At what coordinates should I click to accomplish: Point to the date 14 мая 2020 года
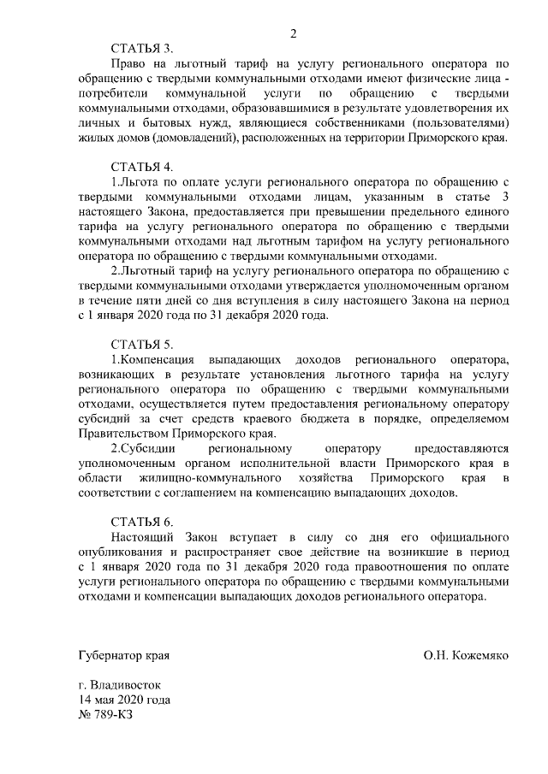[123, 700]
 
